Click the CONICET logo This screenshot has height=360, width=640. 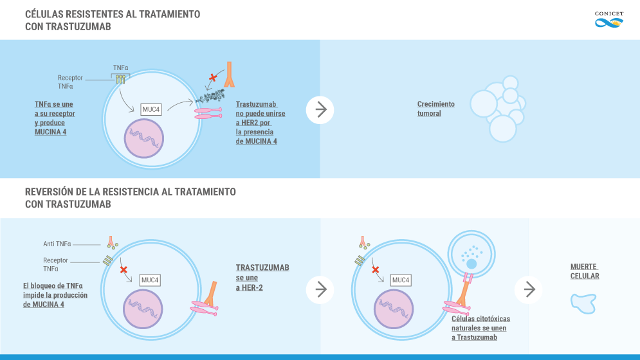pyautogui.click(x=609, y=19)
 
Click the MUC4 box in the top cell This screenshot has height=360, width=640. pyautogui.click(x=151, y=109)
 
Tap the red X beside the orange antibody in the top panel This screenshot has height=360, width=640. pyautogui.click(x=213, y=78)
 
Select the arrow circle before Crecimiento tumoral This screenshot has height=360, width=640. pyautogui.click(x=320, y=110)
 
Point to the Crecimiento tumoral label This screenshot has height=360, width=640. pyautogui.click(x=435, y=109)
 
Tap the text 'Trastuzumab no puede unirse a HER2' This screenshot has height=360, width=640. pyautogui.click(x=260, y=122)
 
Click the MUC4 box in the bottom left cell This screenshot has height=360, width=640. pyautogui.click(x=150, y=280)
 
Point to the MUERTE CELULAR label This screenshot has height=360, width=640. pyautogui.click(x=585, y=271)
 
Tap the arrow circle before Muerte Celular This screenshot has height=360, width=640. pyautogui.click(x=529, y=290)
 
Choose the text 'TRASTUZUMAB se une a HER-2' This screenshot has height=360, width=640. pyautogui.click(x=262, y=278)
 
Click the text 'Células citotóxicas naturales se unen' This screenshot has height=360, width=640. pyautogui.click(x=480, y=328)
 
